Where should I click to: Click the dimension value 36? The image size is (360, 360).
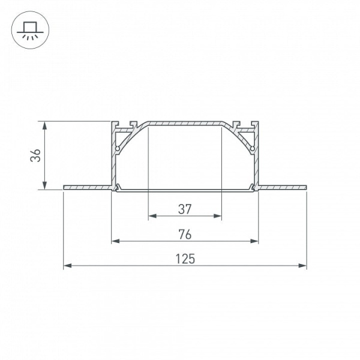click(35, 155)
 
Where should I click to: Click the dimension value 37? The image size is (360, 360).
click(185, 209)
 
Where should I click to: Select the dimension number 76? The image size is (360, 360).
click(185, 235)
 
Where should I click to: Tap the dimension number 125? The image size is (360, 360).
click(185, 259)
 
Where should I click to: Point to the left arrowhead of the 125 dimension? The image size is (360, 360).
click(67, 266)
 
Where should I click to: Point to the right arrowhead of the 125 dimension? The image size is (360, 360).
click(302, 266)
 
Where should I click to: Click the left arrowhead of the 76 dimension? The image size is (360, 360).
click(115, 241)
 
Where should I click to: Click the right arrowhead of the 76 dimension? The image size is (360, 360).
click(254, 241)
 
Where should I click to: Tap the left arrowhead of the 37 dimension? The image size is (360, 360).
click(152, 216)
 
